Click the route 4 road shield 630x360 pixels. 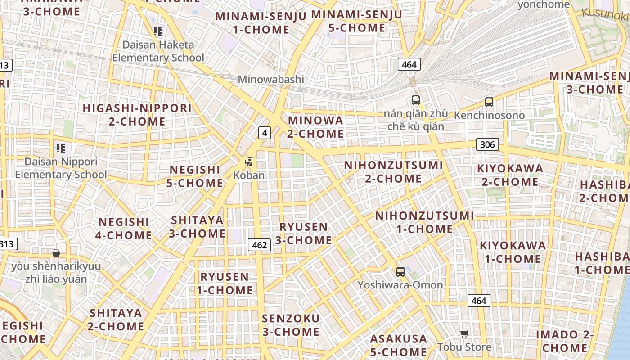tap(265, 133)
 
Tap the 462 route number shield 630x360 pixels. tap(260, 245)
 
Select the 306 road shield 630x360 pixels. tap(487, 144)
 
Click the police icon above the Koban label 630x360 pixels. tap(248, 162)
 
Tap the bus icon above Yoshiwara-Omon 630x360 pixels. tap(400, 272)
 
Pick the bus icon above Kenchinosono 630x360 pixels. tap(489, 102)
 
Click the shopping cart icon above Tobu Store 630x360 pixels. tap(464, 333)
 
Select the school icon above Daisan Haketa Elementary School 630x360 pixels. tap(158, 31)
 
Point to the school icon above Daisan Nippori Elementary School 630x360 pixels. tap(61, 148)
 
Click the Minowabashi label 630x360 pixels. tap(271, 80)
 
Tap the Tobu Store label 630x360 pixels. tap(464, 347)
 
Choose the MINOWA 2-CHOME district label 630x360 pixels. tap(315, 127)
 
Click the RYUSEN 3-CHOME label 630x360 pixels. tap(304, 234)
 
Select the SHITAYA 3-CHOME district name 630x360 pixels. tap(197, 227)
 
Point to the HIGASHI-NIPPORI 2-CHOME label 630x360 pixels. tap(137, 115)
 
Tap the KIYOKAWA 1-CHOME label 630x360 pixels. tap(513, 252)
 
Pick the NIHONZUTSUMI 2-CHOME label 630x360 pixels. tap(393, 172)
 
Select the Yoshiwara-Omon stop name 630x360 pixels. tap(400, 285)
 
